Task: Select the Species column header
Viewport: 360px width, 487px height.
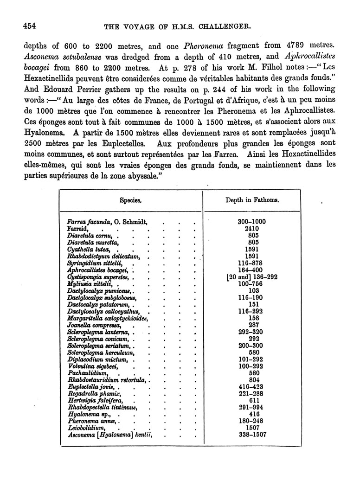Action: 130,201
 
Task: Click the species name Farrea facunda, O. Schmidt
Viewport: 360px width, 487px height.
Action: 107,222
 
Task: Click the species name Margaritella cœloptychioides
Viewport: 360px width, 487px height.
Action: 108,318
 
